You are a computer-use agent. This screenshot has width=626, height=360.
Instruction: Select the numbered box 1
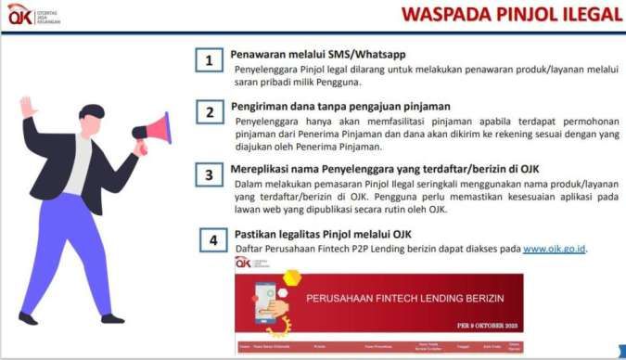click(210, 61)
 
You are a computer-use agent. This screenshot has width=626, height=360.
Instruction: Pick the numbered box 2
click(210, 113)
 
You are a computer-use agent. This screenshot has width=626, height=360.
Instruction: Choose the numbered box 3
click(210, 174)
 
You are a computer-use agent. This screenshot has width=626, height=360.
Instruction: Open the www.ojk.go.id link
click(555, 249)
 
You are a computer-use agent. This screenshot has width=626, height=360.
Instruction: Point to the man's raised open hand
click(28, 107)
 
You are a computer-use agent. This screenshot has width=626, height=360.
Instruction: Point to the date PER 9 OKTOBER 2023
click(489, 326)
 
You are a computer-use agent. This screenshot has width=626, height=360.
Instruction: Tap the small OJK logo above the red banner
click(244, 264)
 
